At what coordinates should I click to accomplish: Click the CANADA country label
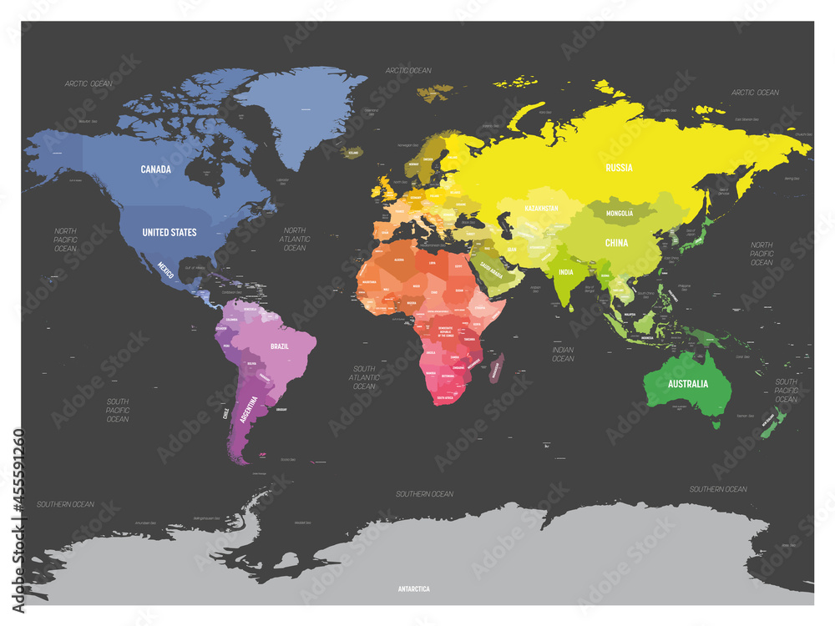156,169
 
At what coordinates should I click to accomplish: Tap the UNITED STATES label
170,232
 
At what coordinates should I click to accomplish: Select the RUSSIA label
619,168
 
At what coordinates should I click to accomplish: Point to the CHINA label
616,243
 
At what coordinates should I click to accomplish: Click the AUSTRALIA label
687,384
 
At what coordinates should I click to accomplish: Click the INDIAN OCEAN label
563,353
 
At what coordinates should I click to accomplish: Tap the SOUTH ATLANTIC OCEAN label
364,377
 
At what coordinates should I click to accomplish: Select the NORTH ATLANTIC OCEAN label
295,239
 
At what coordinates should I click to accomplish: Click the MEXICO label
167,268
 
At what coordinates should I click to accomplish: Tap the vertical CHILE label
225,415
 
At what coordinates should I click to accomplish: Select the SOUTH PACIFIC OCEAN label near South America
118,410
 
